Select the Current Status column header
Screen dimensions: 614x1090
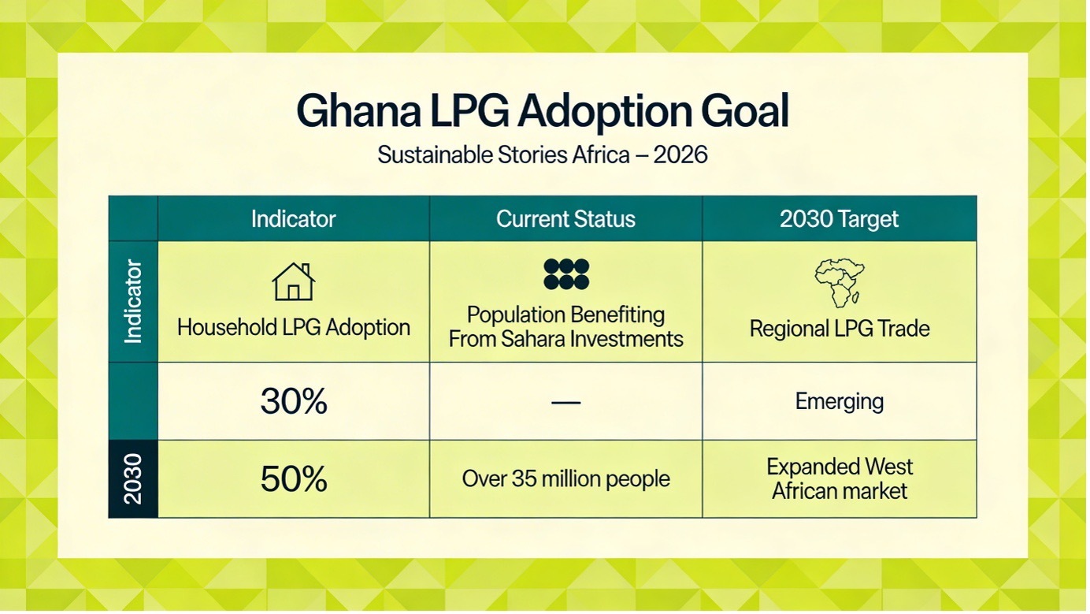[565, 219]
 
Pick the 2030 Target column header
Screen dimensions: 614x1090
[839, 219]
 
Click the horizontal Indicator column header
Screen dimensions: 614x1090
[293, 219]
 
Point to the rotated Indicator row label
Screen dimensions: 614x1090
[133, 301]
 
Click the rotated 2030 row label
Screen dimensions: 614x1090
[133, 479]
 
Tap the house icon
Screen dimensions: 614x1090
[293, 282]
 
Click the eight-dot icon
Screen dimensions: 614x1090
[565, 274]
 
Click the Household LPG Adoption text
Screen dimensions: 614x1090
[293, 328]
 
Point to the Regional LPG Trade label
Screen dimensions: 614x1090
[839, 329]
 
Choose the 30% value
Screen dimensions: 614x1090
[293, 402]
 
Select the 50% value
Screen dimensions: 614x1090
[293, 479]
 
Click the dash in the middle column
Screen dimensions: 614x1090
[565, 402]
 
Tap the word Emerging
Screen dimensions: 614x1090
[839, 402]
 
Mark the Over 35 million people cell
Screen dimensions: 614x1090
[565, 479]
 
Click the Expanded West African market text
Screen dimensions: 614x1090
[839, 479]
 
